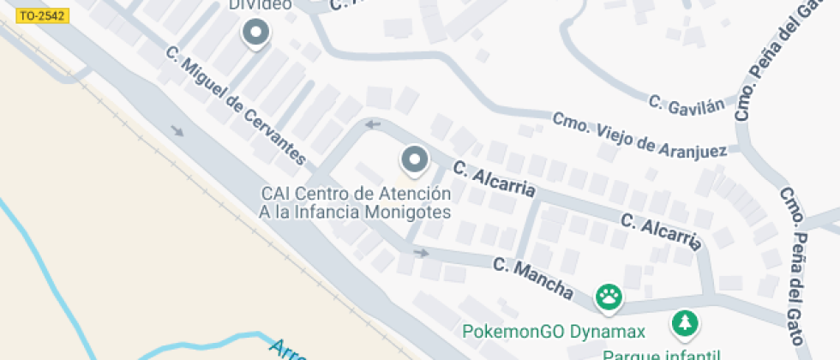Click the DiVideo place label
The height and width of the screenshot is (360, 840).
tap(261, 4)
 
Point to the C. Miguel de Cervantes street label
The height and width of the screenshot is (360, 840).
tap(235, 105)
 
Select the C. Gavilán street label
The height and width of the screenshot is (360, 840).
tap(687, 103)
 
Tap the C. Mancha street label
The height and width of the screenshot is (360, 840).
tap(533, 278)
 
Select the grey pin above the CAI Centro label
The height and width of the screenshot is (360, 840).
tap(416, 159)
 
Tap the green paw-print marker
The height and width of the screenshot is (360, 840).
tap(610, 297)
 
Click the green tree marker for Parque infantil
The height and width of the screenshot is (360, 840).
tap(686, 323)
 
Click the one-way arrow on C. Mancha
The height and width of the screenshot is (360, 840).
tap(421, 253)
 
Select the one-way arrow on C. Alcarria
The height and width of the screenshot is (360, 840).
tap(374, 125)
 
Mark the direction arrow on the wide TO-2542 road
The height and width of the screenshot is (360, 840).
tap(177, 131)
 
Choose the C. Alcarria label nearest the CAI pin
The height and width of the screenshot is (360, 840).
tap(495, 178)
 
